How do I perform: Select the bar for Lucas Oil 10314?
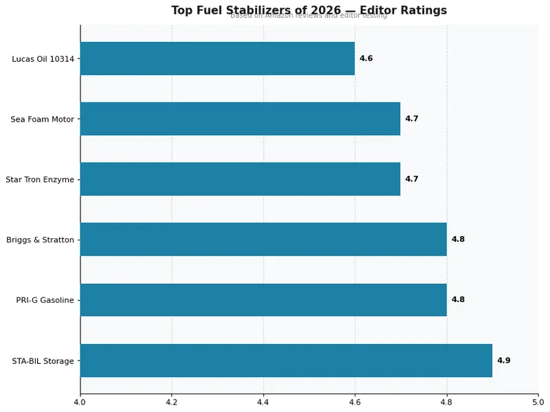pos(217,58)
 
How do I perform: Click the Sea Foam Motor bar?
pos(240,119)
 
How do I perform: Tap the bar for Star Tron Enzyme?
pos(240,179)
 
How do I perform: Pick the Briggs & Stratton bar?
pos(263,240)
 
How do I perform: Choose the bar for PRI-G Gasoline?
pos(263,300)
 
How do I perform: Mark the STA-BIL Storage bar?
pos(286,360)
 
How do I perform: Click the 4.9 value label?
pos(503,360)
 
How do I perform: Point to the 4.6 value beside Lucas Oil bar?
pos(366,58)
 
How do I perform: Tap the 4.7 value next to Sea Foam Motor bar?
pos(411,119)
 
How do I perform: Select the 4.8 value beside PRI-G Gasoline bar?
pos(458,300)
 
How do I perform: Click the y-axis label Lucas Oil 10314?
pos(43,59)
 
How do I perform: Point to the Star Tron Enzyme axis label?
pos(39,180)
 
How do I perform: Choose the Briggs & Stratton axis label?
pos(40,240)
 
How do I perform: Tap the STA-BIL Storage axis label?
pos(43,361)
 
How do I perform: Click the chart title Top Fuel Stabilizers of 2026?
pos(309,10)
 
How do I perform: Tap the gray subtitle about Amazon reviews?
pos(309,16)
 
